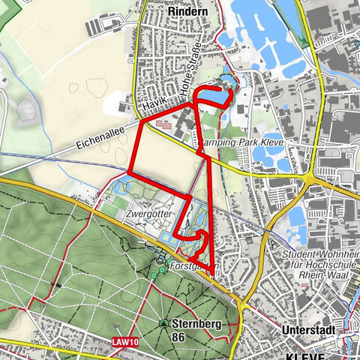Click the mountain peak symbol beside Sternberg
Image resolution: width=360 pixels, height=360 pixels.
click(164, 324)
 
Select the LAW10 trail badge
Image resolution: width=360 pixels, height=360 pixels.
click(124, 341)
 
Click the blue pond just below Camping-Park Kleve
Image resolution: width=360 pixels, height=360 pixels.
click(268, 156)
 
